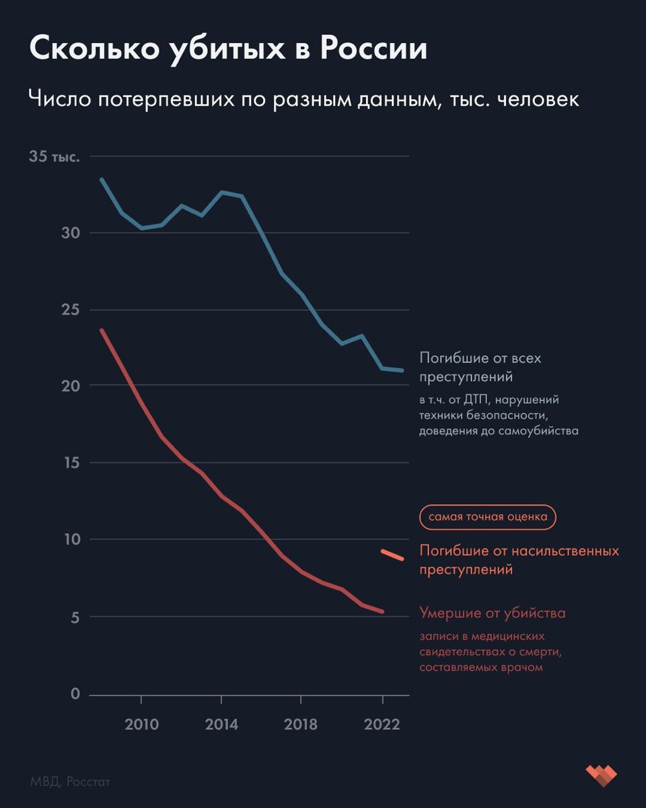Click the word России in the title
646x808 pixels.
tap(373, 50)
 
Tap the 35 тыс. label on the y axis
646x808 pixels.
tap(55, 157)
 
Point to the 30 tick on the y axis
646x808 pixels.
tap(70, 233)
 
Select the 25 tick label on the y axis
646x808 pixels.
tap(70, 310)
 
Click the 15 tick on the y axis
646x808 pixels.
tap(70, 463)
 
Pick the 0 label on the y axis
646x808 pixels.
tap(75, 695)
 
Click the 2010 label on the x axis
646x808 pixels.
tap(141, 725)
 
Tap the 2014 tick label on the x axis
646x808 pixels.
tap(221, 725)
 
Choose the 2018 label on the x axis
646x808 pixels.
tap(301, 725)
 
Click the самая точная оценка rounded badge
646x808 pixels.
tap(488, 517)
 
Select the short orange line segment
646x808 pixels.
tap(392, 555)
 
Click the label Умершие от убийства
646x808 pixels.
tap(493, 613)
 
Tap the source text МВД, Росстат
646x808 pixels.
tap(70, 782)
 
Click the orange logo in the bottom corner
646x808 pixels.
tap(601, 776)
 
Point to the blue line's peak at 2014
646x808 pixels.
tap(221, 192)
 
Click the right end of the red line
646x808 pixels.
tap(383, 612)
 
